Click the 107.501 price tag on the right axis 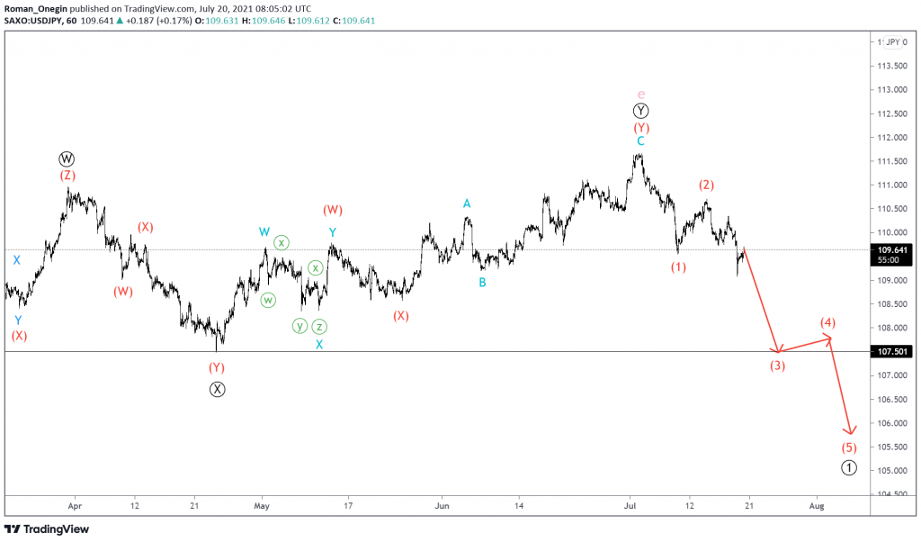(892, 352)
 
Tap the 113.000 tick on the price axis (892, 90)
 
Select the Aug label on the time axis (817, 506)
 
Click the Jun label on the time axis (441, 506)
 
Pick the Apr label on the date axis (75, 506)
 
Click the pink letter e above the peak (640, 94)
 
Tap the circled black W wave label (67, 159)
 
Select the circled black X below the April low (217, 389)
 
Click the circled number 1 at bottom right (849, 467)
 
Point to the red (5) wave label (849, 447)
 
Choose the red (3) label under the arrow (777, 366)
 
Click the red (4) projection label (828, 322)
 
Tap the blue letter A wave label (467, 203)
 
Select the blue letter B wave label (482, 282)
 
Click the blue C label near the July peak (640, 141)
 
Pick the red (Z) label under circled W (67, 176)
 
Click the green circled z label (319, 326)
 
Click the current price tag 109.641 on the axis (892, 250)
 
